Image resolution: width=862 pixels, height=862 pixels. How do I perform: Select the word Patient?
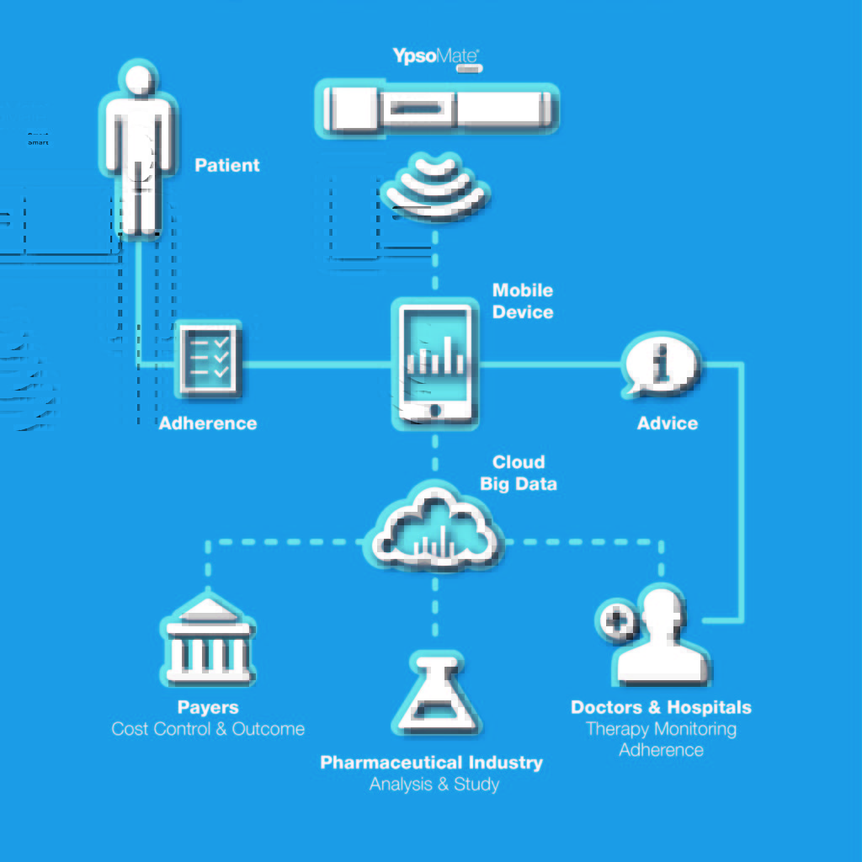click(227, 165)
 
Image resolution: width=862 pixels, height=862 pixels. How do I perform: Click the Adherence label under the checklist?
click(208, 423)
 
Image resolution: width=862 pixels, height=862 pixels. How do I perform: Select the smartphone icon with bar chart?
click(435, 364)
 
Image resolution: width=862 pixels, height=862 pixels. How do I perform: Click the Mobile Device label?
click(523, 301)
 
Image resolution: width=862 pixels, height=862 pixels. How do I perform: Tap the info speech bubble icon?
click(662, 365)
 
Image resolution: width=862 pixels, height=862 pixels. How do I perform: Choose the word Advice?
click(668, 423)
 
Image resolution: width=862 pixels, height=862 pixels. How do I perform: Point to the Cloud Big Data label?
click(519, 472)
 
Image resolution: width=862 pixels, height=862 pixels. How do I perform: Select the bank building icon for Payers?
click(208, 641)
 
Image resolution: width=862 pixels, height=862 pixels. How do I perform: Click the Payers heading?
click(208, 707)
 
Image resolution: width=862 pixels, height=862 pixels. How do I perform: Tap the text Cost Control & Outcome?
click(208, 729)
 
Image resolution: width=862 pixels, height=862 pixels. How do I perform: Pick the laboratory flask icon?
click(435, 694)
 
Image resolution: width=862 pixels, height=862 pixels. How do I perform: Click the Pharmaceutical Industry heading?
click(432, 763)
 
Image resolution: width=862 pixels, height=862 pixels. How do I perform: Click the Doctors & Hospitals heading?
click(661, 707)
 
